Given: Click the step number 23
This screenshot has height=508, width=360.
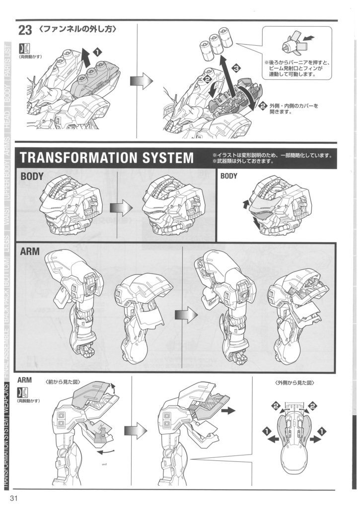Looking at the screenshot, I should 25,31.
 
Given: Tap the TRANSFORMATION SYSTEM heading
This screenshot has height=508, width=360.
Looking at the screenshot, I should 106,158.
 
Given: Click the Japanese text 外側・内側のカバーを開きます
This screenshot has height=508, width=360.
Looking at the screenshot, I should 293,109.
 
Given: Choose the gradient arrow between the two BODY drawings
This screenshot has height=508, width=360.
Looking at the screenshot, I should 121,207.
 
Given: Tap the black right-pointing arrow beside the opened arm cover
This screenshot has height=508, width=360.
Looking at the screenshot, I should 228,411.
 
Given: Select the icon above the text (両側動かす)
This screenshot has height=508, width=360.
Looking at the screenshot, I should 23,49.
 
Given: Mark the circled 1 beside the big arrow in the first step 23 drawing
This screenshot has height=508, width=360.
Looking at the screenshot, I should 97,51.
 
